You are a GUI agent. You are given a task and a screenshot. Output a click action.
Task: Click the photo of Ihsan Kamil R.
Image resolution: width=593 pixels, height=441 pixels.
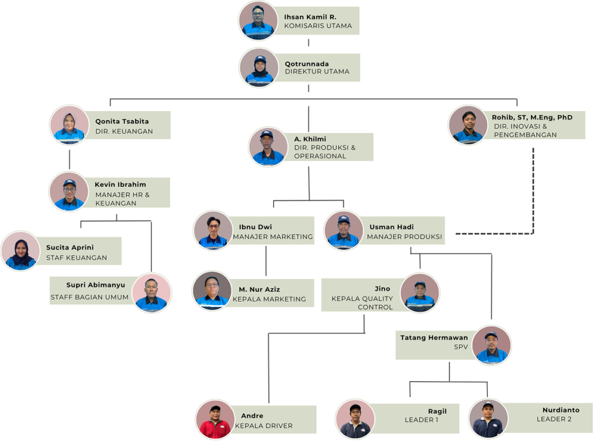click(x=258, y=21)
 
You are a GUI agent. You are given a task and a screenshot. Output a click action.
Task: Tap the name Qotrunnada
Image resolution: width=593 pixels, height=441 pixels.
click(x=306, y=64)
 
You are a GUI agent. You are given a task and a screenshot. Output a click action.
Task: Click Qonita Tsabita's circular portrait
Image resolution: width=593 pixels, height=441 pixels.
click(x=69, y=124)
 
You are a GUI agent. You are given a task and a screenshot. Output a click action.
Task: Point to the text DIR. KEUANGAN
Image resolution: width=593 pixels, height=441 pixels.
click(x=124, y=131)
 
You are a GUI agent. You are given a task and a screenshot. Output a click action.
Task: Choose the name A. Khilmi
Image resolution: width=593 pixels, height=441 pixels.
click(x=310, y=139)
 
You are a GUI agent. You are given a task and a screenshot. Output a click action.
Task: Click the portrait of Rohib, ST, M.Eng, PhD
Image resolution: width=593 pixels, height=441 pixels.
click(x=468, y=124)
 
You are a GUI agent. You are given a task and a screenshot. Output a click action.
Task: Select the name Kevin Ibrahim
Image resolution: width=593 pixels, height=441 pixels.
click(x=120, y=185)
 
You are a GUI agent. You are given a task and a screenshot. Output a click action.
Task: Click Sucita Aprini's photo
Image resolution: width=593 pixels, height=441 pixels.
click(x=21, y=251)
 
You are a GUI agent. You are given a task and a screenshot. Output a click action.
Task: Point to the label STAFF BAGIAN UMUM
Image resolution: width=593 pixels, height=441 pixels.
click(x=89, y=297)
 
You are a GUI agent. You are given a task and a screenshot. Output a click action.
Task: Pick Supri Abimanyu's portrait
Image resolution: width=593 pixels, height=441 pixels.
click(x=152, y=293)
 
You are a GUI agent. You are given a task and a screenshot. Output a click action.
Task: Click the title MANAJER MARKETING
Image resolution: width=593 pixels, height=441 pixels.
click(x=273, y=237)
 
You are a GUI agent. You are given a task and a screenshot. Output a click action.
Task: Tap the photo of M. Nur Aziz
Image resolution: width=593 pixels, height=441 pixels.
click(x=212, y=290)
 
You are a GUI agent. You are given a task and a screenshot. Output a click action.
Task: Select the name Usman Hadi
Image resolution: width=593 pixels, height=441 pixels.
click(x=391, y=227)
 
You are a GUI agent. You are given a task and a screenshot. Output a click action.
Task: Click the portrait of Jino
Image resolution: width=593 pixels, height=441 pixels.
click(x=420, y=293)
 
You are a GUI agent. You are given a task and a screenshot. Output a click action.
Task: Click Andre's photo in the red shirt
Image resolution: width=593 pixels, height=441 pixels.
click(x=215, y=419)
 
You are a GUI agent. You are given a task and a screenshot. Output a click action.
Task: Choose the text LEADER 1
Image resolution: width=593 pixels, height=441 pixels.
click(x=421, y=420)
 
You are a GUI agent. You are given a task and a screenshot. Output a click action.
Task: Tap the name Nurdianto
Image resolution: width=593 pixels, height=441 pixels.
click(x=561, y=410)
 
